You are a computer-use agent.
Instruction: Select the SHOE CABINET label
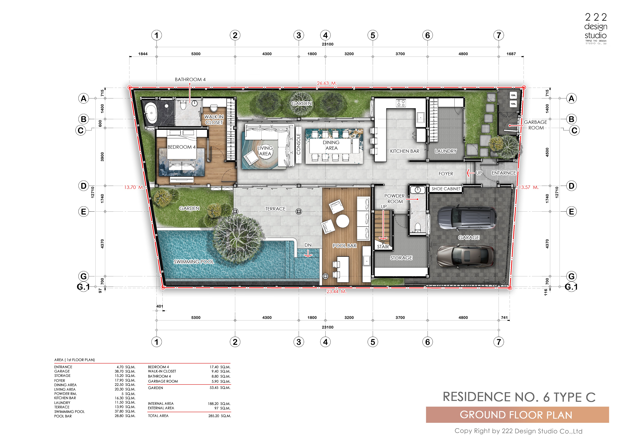(446, 189)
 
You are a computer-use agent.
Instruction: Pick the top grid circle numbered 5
(373, 35)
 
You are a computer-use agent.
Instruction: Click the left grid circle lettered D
(84, 186)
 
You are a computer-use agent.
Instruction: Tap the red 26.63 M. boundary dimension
(327, 83)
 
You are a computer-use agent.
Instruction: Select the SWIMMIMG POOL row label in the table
(69, 412)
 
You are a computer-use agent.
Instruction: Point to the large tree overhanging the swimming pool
(238, 238)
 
